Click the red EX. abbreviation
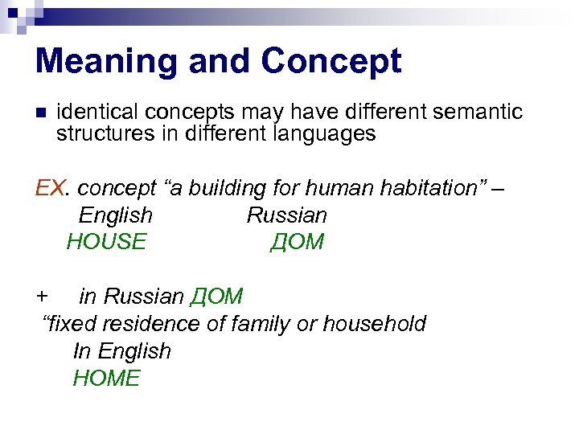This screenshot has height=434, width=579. point(53,188)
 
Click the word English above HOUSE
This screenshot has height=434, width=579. point(115,215)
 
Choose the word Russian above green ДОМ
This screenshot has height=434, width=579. point(286,215)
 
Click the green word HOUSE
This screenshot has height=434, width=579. point(106,242)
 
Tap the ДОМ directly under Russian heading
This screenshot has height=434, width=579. point(296,242)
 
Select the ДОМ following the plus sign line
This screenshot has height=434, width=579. point(216,297)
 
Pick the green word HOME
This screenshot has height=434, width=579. point(106,378)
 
